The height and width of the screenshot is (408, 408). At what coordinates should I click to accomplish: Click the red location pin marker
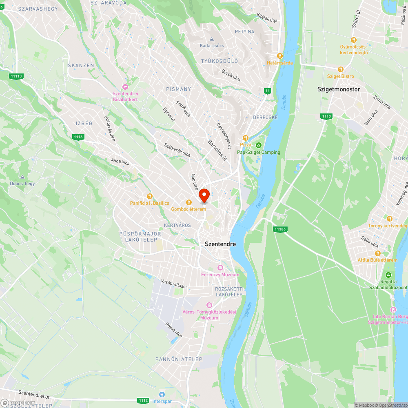point(204,195)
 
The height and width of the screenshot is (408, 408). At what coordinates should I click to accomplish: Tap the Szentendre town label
point(220,244)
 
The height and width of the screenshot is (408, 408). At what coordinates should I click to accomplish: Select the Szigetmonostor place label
point(339,89)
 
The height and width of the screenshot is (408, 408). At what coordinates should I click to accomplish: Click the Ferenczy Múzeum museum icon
point(220,268)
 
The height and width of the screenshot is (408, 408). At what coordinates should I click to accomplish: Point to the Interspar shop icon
point(162,394)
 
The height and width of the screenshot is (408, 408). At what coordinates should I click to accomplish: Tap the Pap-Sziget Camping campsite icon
point(258,145)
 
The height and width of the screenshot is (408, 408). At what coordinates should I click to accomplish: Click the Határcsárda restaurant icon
point(280,56)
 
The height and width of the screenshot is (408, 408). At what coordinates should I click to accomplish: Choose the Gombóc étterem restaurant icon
point(188,202)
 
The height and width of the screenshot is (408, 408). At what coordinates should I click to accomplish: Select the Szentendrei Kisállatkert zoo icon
point(125,87)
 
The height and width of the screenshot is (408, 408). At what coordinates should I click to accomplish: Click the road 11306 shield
point(280,229)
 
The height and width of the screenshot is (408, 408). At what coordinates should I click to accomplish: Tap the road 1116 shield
point(79,137)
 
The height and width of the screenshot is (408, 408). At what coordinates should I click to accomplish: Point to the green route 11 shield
point(267,91)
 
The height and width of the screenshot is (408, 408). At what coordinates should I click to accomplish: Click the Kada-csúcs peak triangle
point(212,39)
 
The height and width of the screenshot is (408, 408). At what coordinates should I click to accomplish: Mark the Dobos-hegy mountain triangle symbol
point(22,177)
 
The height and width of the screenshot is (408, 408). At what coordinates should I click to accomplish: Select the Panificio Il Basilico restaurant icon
point(149,196)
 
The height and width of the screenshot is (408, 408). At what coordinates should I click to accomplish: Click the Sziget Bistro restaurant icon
point(341,69)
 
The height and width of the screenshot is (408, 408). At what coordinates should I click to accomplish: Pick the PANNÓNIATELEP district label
point(179,359)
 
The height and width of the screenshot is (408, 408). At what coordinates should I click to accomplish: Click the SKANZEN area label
point(81,65)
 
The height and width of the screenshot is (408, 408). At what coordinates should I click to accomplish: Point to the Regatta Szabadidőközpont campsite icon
point(388,275)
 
